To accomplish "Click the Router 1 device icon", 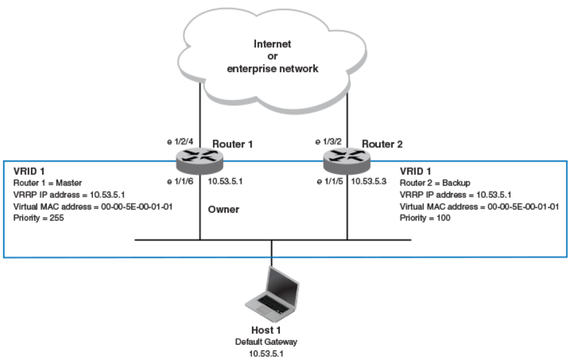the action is click(x=200, y=161).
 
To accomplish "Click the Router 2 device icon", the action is click(x=347, y=161).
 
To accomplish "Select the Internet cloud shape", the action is click(x=272, y=60).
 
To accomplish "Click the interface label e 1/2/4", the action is click(x=180, y=141).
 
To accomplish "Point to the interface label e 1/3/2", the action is click(x=328, y=141).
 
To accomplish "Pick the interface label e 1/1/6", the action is click(x=180, y=181).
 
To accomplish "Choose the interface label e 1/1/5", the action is click(x=330, y=181).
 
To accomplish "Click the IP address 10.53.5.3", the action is click(x=369, y=181).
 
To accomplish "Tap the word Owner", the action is click(x=224, y=209).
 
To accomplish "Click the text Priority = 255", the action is click(x=39, y=218).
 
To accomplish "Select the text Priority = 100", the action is click(x=425, y=218).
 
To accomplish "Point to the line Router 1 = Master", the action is click(x=48, y=183).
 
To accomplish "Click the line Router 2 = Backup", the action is click(x=435, y=183).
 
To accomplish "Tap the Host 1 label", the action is click(x=266, y=330).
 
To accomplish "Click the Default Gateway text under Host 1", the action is click(x=266, y=342).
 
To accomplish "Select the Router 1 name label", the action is click(x=233, y=144).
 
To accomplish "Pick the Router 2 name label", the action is click(x=382, y=144).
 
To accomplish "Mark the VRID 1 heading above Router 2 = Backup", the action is click(x=415, y=171).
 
